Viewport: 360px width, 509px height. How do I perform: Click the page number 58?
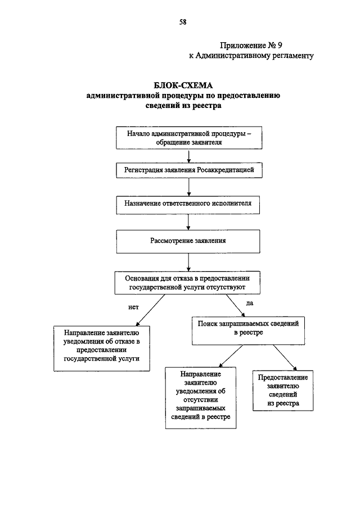[x=183, y=22]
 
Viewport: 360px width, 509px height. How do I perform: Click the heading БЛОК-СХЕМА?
[x=183, y=85]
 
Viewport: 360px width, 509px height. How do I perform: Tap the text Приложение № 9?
[x=251, y=45]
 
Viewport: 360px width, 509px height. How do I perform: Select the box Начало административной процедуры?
[x=189, y=138]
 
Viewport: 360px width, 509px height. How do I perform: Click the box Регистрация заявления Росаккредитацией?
[x=189, y=170]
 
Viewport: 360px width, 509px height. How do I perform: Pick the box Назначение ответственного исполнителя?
[x=188, y=205]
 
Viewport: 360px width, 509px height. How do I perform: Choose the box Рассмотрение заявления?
[x=188, y=241]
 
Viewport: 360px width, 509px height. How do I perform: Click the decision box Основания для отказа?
[x=187, y=283]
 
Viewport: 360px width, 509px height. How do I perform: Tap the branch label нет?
[x=133, y=307]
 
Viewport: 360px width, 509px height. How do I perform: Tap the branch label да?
[x=249, y=303]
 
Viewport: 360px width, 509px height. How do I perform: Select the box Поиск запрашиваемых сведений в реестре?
[x=248, y=331]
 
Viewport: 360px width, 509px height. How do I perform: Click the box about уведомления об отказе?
[x=102, y=348]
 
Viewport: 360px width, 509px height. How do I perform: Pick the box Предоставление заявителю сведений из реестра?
[x=283, y=390]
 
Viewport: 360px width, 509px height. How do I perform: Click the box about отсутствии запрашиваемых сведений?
[x=201, y=398]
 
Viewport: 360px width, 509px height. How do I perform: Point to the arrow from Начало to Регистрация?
[x=189, y=156]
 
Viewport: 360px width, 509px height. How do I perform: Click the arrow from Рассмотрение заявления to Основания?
[x=188, y=262]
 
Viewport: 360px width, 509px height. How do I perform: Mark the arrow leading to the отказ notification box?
[x=150, y=310]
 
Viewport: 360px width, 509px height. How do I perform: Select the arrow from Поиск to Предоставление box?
[x=285, y=357]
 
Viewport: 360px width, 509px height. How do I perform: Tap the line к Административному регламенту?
[x=251, y=56]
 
